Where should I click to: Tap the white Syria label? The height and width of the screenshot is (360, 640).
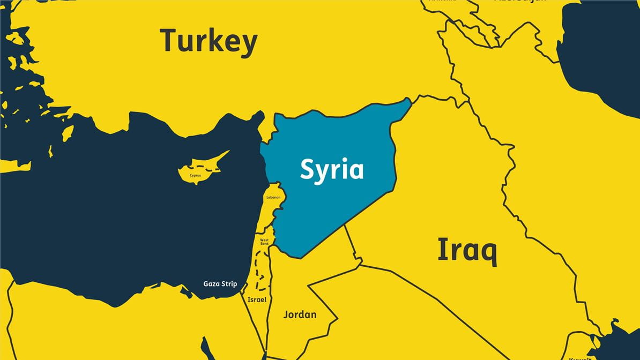pos(331,170)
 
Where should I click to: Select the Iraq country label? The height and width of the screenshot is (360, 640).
pos(467,251)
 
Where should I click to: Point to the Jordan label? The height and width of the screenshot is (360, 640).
pos(300,314)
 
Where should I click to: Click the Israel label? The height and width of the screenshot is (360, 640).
pos(257,300)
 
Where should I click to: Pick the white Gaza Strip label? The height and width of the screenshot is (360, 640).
pos(220,284)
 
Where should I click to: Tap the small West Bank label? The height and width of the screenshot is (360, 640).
pos(264,242)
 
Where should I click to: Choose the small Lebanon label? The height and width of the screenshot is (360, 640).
pos(273,198)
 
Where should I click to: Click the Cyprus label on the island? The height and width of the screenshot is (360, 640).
pos(195,175)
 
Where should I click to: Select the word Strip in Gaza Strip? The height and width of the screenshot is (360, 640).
pos(228,284)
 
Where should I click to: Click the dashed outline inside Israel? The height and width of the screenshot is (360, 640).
pos(261,271)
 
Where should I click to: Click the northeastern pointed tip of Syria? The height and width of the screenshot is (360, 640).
pos(410,99)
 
